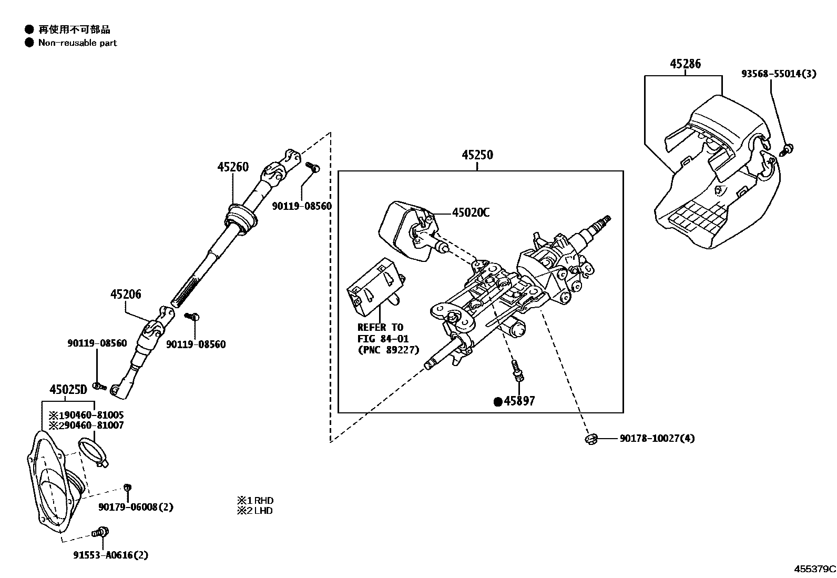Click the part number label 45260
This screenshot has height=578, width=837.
pyautogui.click(x=232, y=167)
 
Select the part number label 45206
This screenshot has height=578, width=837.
pyautogui.click(x=125, y=294)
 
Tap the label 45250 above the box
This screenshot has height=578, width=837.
pyautogui.click(x=477, y=155)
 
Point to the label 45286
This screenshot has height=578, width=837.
pyautogui.click(x=685, y=64)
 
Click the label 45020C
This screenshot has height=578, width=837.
pyautogui.click(x=471, y=212)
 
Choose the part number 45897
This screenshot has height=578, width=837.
pyautogui.click(x=519, y=401)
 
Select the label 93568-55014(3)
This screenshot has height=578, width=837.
pyautogui.click(x=779, y=74)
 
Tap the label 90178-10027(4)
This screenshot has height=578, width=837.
pyautogui.click(x=657, y=438)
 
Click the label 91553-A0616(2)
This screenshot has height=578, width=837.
pyautogui.click(x=110, y=554)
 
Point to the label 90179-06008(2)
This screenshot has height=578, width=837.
pyautogui.click(x=136, y=507)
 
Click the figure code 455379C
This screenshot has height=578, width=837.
pyautogui.click(x=814, y=569)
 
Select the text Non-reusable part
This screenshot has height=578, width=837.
pyautogui.click(x=77, y=43)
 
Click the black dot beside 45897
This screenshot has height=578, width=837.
pyautogui.click(x=497, y=402)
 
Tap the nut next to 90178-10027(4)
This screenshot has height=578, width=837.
pyautogui.click(x=590, y=438)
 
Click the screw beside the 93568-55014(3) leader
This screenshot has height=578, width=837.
pyautogui.click(x=787, y=150)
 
